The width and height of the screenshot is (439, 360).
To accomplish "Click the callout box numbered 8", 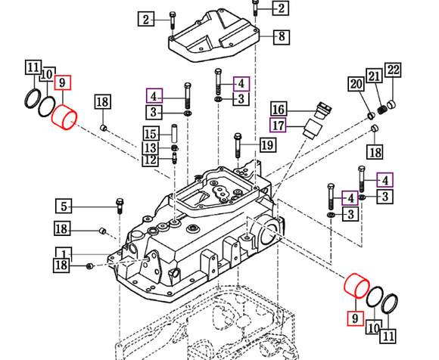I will coord(280,36).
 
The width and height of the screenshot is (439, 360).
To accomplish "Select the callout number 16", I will coord(279,109).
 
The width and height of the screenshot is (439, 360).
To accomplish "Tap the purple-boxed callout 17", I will coord(279,125).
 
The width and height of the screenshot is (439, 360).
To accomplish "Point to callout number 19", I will coord(267,144).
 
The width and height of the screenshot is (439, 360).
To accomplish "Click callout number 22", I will coord(392,71).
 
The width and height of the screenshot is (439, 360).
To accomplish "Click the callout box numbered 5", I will coord(65,205).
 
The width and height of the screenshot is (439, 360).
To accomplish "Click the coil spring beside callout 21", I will coord(382,110).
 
